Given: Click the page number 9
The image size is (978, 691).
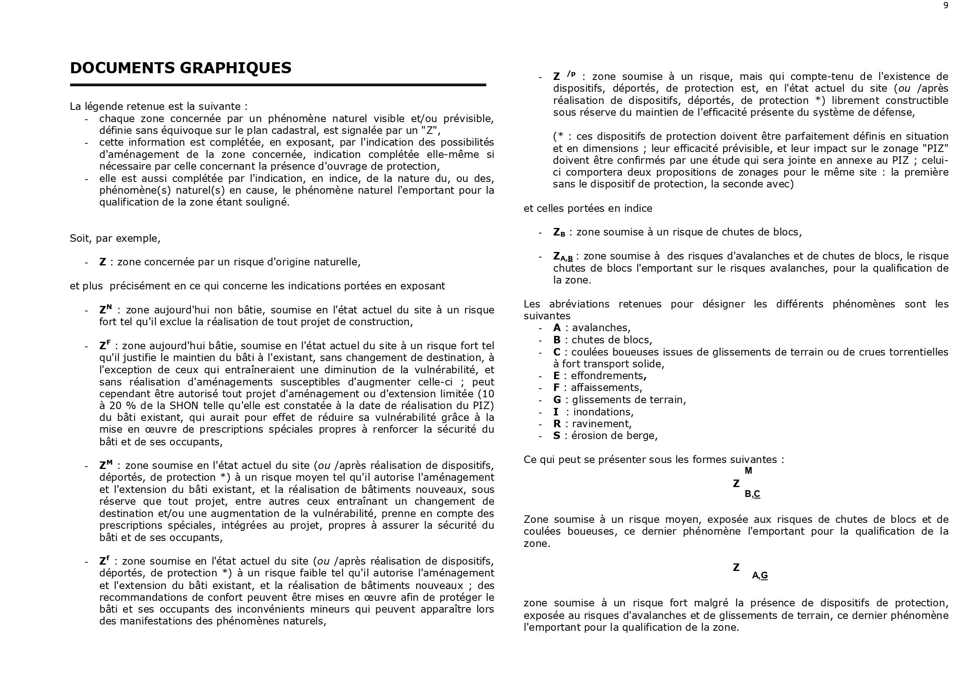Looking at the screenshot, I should (x=946, y=6).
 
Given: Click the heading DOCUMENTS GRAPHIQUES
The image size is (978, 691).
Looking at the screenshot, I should (x=180, y=68).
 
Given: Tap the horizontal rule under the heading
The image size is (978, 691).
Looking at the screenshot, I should (x=278, y=85).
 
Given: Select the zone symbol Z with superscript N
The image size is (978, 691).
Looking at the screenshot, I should (x=105, y=309).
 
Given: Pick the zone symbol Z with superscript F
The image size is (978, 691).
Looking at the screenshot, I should (x=105, y=345).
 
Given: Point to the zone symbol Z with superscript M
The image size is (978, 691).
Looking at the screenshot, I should (x=106, y=465).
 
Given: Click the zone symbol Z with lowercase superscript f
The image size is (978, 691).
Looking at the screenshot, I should (x=104, y=560).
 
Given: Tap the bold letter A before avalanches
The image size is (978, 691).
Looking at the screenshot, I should (x=557, y=328).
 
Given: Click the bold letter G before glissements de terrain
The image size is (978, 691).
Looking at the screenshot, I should (x=557, y=400).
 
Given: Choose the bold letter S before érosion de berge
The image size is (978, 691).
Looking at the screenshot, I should (x=557, y=435).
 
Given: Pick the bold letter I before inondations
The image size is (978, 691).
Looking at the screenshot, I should (x=556, y=412).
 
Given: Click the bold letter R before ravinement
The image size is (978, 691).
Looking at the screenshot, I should (x=557, y=424).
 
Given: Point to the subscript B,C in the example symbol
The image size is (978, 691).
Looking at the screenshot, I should (x=752, y=494).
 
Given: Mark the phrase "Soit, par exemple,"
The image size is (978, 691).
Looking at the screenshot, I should (x=115, y=239).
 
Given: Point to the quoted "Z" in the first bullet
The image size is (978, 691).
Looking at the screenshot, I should (x=432, y=130).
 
